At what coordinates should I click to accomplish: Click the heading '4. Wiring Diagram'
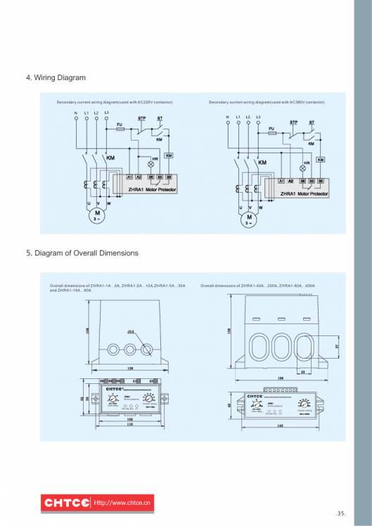[x=56, y=77]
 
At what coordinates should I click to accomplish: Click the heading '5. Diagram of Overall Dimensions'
[x=82, y=252]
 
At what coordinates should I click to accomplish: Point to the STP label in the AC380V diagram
[x=294, y=122]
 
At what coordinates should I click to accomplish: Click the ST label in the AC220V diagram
[x=160, y=118]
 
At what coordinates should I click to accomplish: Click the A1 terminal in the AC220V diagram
[x=130, y=177]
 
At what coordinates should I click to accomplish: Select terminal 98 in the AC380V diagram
[x=321, y=181]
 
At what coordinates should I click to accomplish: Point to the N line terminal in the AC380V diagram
[x=227, y=117]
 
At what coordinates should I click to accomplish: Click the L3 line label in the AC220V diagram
[x=106, y=113]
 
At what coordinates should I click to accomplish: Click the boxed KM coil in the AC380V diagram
[x=321, y=160]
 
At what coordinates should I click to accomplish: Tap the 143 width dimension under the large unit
[x=281, y=425]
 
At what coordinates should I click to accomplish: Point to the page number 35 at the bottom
[x=341, y=513]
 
